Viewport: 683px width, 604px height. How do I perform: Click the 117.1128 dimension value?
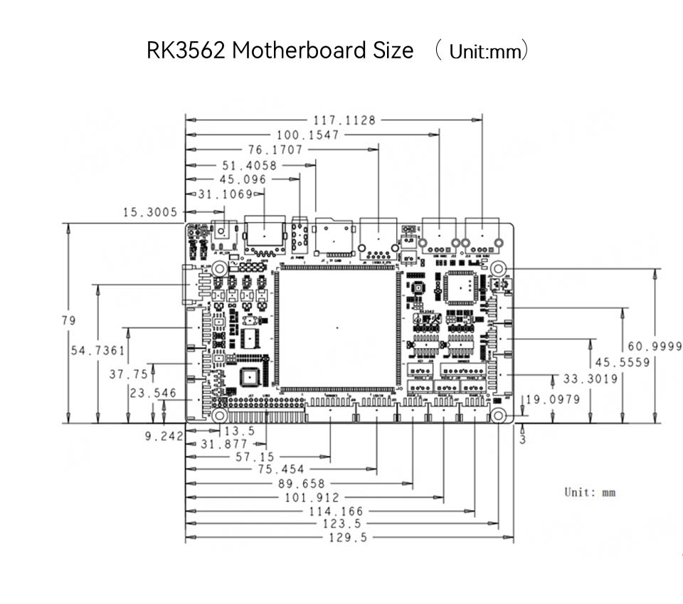coord(344,120)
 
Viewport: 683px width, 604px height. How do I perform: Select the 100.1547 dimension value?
coord(307,134)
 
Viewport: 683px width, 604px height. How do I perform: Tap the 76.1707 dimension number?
coord(275,149)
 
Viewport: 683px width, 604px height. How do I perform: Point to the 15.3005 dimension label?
coord(151,211)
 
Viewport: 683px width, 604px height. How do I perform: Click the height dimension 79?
coord(68,321)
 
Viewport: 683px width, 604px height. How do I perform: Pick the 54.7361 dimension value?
coord(97,350)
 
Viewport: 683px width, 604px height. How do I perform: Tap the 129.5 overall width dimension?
coord(349,538)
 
